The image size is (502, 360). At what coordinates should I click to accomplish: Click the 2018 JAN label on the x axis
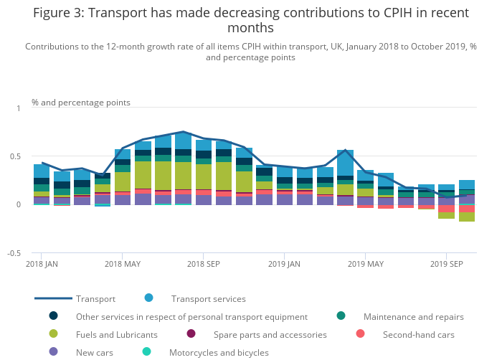[x=41, y=264]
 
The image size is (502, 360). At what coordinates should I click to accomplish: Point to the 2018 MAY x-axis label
[x=123, y=264]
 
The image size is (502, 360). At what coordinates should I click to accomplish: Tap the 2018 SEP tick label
[x=203, y=264]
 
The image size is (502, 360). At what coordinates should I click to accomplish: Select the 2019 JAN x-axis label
[x=283, y=264]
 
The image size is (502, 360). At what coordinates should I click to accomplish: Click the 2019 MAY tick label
[x=365, y=264]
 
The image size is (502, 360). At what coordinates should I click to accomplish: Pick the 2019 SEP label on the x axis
[x=445, y=264]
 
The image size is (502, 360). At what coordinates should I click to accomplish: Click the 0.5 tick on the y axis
[x=14, y=156]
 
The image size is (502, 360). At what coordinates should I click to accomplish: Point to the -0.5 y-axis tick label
[x=13, y=253]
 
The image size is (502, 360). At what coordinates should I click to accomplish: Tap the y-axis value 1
[x=19, y=108]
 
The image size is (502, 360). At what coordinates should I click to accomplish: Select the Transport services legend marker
[x=148, y=298]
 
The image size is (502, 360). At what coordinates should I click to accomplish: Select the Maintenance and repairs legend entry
[x=413, y=316]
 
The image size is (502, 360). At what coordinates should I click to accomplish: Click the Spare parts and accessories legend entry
[x=270, y=334]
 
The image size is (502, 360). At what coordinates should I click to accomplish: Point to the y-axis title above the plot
[x=81, y=103]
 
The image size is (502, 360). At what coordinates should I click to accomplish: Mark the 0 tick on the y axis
[x=19, y=204]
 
